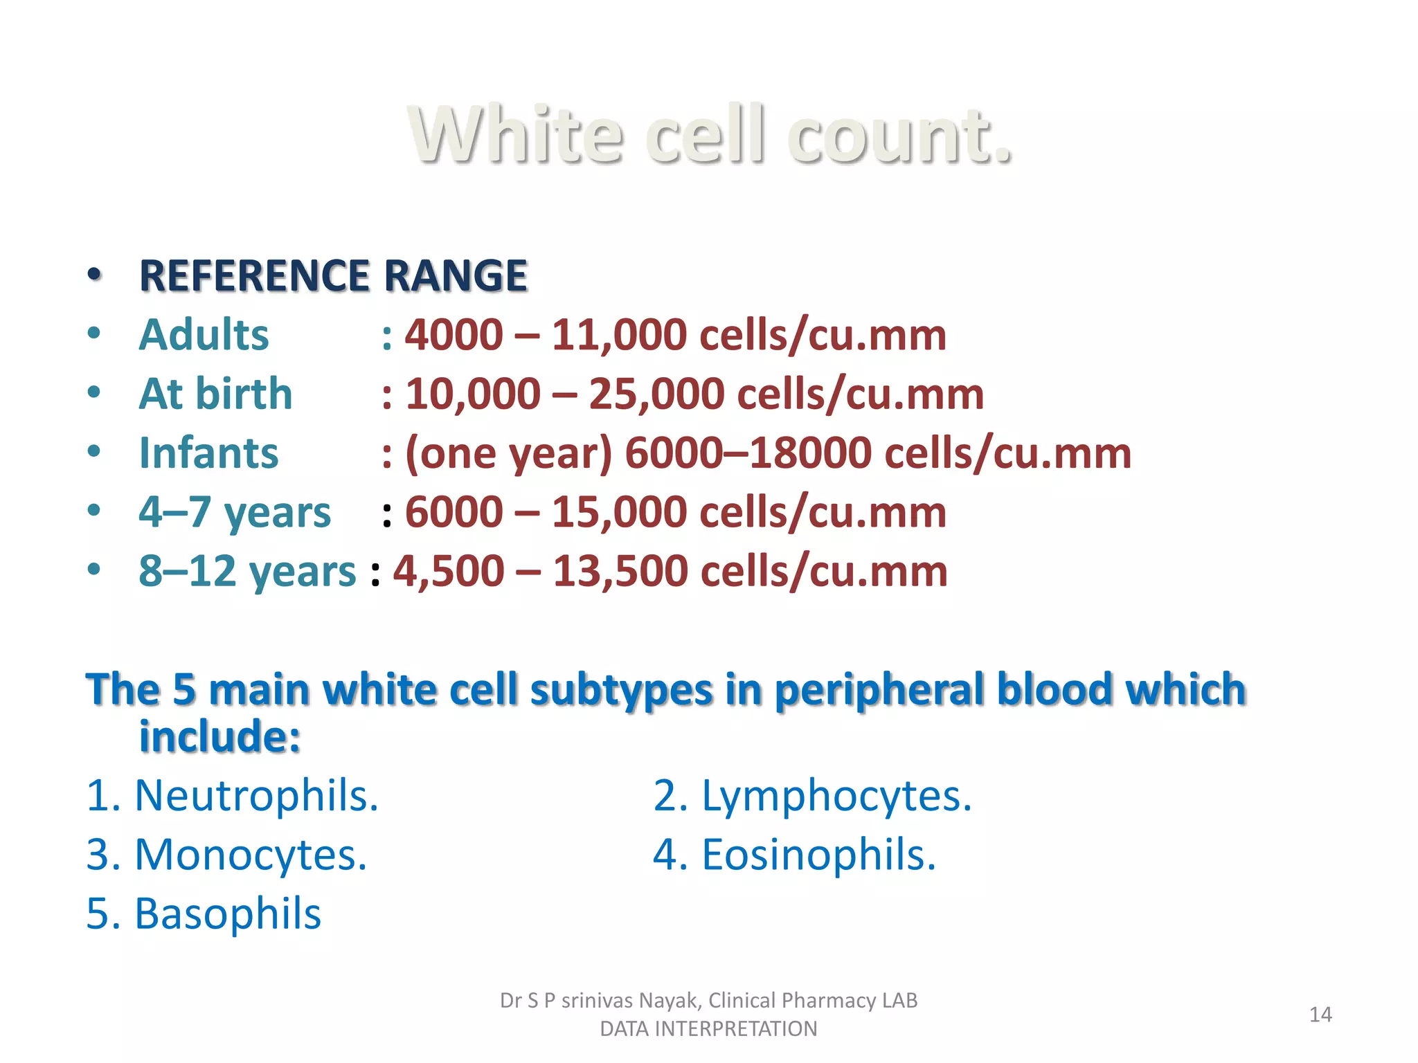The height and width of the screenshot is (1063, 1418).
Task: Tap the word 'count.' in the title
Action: [x=899, y=135]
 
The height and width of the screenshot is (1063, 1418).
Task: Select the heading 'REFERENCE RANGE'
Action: [x=333, y=275]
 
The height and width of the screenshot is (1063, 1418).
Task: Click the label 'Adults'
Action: [x=204, y=335]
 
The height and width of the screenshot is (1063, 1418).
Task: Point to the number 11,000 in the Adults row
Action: [x=618, y=335]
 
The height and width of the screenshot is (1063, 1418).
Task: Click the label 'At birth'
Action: [x=215, y=394]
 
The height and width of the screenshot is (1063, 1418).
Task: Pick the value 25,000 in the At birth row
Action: [x=656, y=394]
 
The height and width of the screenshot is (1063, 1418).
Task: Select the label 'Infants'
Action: [x=208, y=453]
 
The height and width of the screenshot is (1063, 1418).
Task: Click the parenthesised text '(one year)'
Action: [x=509, y=454]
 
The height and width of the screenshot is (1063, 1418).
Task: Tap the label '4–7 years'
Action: [x=235, y=512]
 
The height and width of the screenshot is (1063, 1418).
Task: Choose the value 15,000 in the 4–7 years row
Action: [x=618, y=512]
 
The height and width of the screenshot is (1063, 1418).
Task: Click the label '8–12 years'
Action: [x=247, y=572]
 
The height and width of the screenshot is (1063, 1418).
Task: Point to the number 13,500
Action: [x=620, y=572]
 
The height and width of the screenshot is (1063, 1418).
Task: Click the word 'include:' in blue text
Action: [x=219, y=736]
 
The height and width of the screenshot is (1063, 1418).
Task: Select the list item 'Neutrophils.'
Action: [x=256, y=795]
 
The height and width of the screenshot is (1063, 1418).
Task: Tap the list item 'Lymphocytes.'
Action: [x=836, y=795]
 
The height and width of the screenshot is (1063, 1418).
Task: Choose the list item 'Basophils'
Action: [x=227, y=914]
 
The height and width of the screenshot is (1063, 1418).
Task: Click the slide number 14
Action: [x=1320, y=1015]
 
